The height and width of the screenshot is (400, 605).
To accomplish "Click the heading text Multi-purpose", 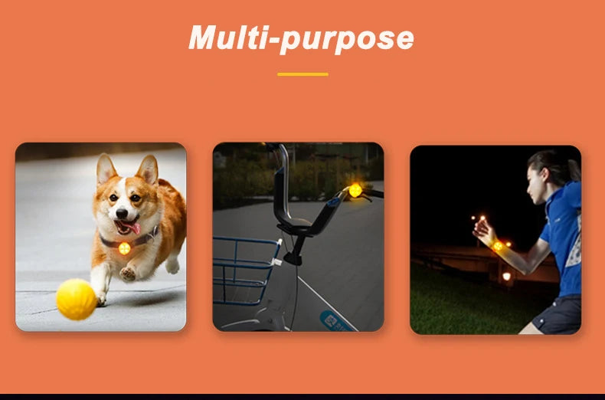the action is [301, 38].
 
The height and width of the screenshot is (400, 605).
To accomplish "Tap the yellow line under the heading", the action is [303, 74].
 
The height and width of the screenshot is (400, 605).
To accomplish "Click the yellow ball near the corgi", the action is [76, 300].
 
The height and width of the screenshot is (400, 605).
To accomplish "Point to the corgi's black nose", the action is [122, 213].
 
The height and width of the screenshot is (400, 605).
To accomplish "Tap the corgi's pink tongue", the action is [133, 228].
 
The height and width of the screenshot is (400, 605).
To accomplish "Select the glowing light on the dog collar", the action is [124, 248].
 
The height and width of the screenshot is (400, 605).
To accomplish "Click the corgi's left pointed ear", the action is [106, 169].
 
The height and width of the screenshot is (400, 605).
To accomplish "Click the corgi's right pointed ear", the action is [148, 170].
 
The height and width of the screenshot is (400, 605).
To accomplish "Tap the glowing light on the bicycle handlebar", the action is [355, 190].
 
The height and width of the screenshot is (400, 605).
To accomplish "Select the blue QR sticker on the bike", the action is [335, 321].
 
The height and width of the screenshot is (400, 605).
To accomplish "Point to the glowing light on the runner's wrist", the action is [498, 246].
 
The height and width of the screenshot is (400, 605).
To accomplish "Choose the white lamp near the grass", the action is [506, 277].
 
